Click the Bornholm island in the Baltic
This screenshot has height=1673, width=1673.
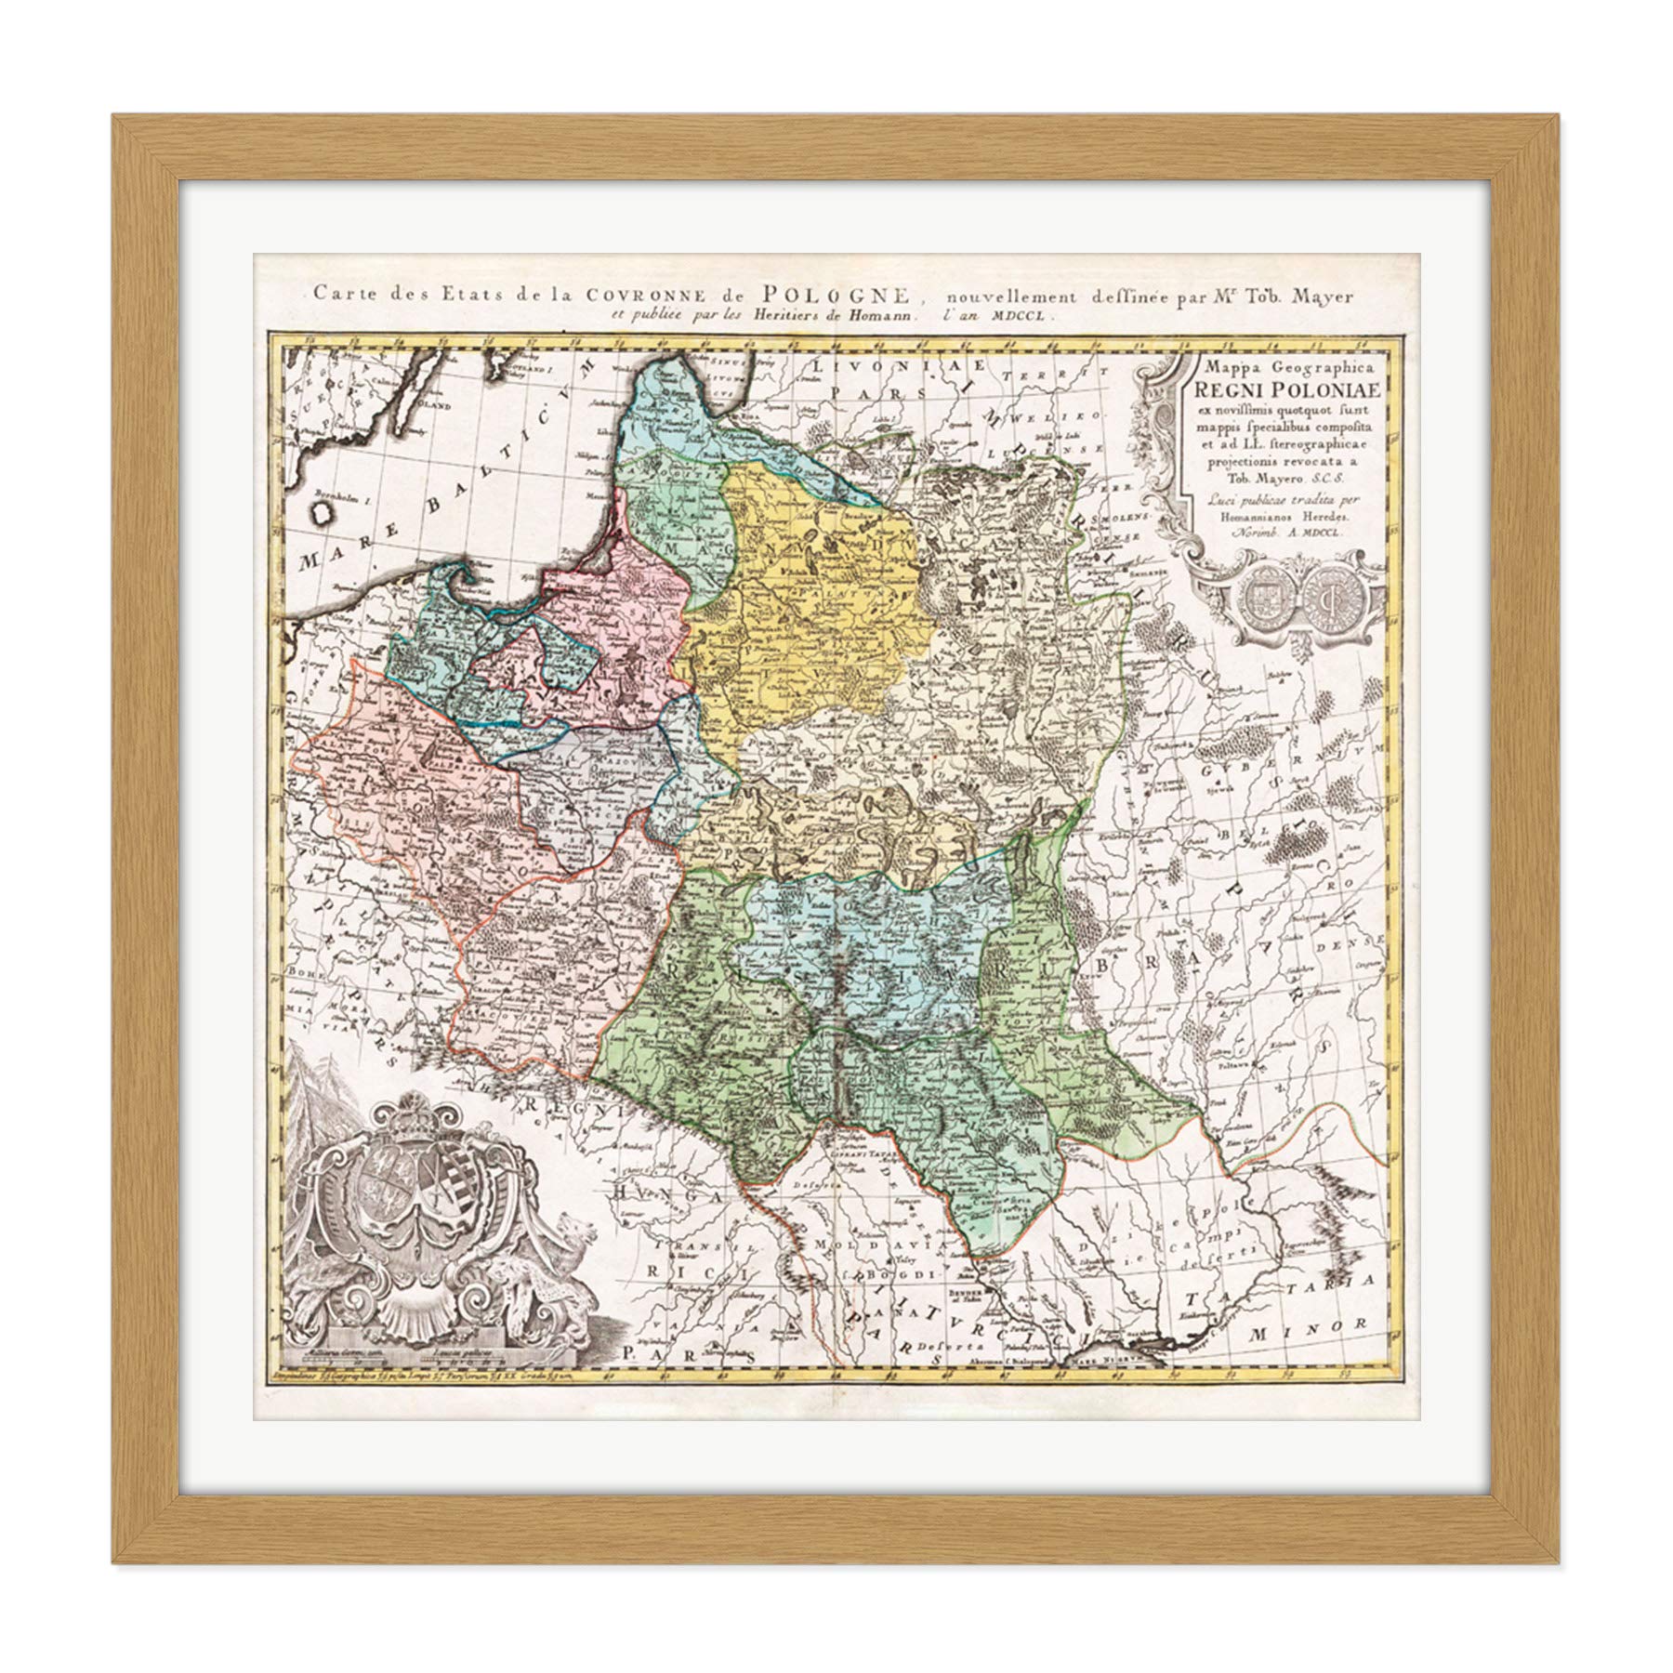[x=323, y=509]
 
